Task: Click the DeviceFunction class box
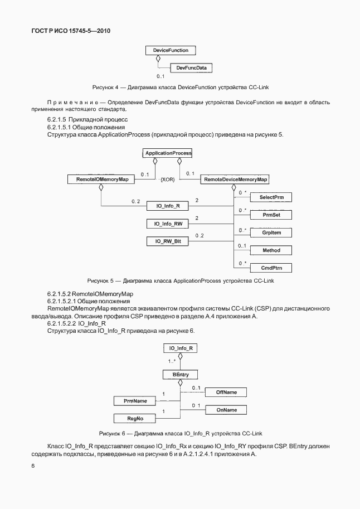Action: [167, 50]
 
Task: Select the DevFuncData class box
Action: [191, 68]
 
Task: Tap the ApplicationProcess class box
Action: [168, 153]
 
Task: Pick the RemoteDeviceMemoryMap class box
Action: [236, 180]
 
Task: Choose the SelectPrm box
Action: [271, 197]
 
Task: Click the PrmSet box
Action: [271, 214]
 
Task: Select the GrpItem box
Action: [271, 232]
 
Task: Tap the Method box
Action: [271, 250]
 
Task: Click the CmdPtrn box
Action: [271, 268]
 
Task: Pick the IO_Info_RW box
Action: [168, 224]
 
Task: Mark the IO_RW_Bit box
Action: [168, 241]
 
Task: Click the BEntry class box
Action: [180, 375]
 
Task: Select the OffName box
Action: [226, 392]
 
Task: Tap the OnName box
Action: [226, 410]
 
